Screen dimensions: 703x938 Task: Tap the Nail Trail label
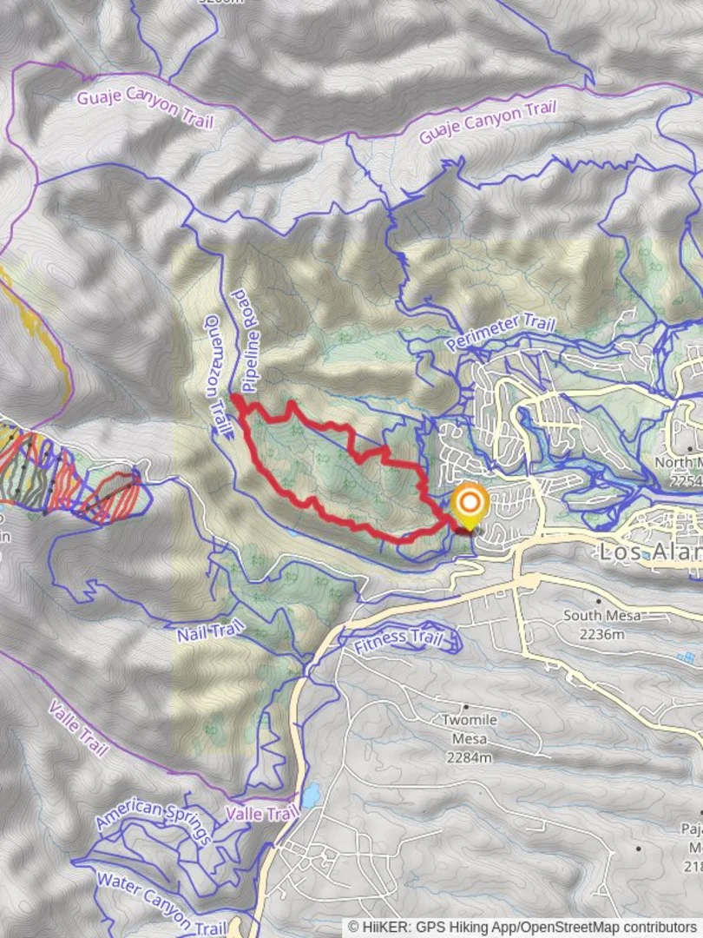[210, 631]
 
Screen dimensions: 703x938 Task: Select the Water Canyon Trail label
[161, 903]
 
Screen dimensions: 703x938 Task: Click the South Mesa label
[601, 616]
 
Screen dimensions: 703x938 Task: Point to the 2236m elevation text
[601, 634]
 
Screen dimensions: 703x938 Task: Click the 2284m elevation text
[470, 758]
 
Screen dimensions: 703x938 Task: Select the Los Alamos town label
[649, 551]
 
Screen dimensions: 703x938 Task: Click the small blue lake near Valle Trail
[310, 795]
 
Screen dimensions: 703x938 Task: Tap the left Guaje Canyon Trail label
[144, 109]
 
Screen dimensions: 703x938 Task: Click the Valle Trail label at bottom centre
[261, 814]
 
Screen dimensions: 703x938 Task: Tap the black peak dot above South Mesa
[598, 600]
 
